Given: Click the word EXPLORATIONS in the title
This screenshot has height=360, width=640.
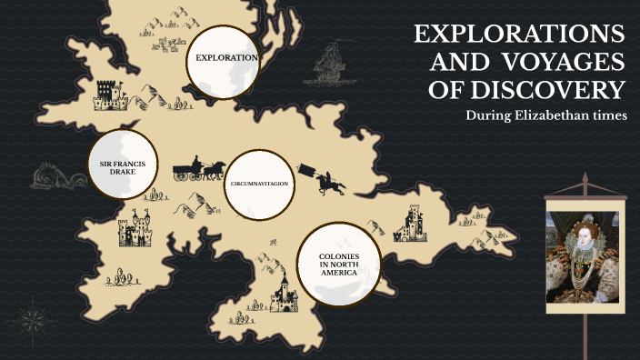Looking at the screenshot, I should click(x=519, y=35).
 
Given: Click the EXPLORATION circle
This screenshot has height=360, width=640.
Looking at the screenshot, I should click(x=223, y=58).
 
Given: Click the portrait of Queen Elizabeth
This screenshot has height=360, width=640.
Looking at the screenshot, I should click(x=582, y=251).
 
